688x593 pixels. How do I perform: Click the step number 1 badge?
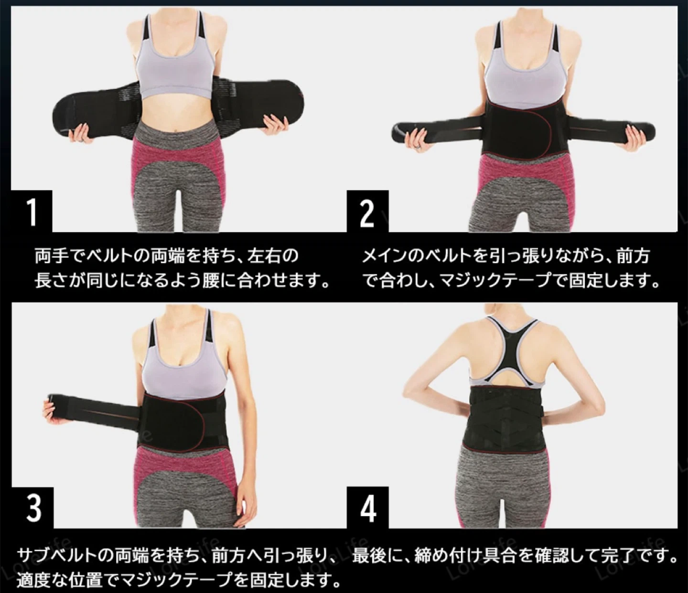tap(32, 211)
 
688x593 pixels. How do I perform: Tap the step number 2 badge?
tap(367, 211)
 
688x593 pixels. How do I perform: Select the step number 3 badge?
tap(32, 508)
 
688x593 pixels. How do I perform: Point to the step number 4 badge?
tap(367, 508)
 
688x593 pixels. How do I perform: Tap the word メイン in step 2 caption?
tap(389, 256)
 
